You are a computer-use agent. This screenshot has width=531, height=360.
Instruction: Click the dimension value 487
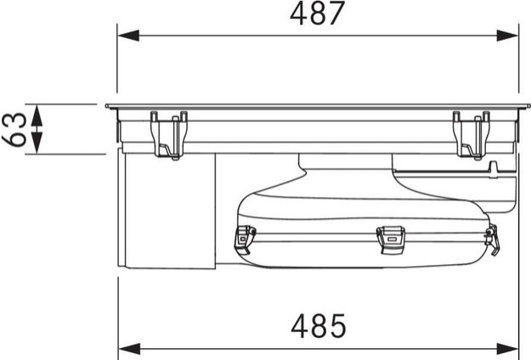point(317,14)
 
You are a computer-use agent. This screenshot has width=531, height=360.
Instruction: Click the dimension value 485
point(319,326)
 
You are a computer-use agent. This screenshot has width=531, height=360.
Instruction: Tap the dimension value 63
point(14,129)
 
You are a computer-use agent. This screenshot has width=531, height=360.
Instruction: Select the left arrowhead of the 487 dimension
point(128,35)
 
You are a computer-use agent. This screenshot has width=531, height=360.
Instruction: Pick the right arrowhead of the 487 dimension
point(507,35)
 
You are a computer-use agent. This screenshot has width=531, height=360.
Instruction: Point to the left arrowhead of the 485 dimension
point(129,348)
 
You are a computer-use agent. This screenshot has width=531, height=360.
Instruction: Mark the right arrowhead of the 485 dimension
point(507,348)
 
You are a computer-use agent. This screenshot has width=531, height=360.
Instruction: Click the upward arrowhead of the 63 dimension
point(37,115)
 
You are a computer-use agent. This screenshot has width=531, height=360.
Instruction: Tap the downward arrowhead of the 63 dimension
point(37,143)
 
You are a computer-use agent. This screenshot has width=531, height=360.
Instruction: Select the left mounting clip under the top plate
point(169,135)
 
